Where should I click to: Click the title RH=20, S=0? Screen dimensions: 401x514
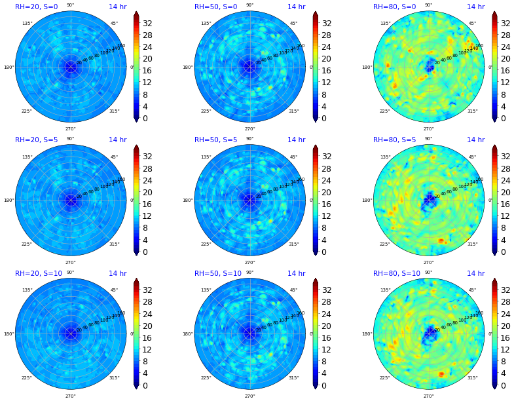[x=37, y=7]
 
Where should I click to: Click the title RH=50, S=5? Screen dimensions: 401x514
[x=215, y=140]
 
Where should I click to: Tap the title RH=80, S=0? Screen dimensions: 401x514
[x=394, y=7]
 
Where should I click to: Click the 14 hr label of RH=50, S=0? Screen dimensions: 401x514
[x=296, y=7]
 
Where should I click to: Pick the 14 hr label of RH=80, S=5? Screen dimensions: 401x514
[x=475, y=140]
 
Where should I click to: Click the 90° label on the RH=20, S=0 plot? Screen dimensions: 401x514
[x=70, y=5]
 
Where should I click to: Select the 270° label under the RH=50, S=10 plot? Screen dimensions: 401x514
[x=249, y=396]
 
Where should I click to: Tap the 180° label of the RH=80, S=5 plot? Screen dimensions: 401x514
[x=367, y=200]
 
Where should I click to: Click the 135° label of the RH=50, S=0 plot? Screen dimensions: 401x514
[x=206, y=24]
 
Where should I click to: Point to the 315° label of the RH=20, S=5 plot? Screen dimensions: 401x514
[x=115, y=244]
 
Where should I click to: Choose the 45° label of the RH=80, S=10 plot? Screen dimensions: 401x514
[x=472, y=290]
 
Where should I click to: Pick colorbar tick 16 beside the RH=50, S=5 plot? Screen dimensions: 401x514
[x=325, y=204]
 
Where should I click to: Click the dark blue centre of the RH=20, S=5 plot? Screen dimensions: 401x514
[x=71, y=200]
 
